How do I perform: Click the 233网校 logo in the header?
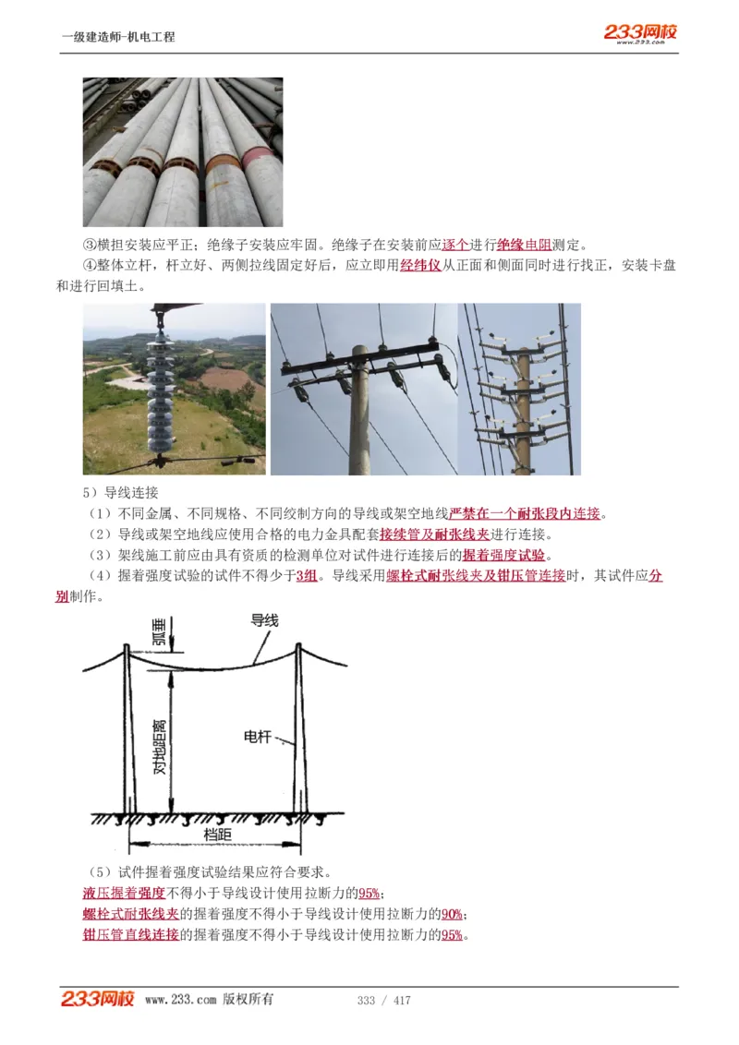click(x=640, y=33)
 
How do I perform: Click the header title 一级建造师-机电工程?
click(x=118, y=37)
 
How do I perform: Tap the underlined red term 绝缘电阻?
click(x=524, y=245)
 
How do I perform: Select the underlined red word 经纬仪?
click(x=420, y=266)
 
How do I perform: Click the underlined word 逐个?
click(x=456, y=245)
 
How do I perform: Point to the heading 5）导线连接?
click(x=120, y=493)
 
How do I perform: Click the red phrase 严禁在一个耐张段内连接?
click(x=525, y=513)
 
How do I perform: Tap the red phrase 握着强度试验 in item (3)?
click(x=504, y=555)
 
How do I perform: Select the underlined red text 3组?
click(x=306, y=576)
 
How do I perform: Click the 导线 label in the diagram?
click(x=264, y=621)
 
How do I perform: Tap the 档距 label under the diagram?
click(x=218, y=835)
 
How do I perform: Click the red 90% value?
click(x=452, y=914)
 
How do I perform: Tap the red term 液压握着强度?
click(x=124, y=893)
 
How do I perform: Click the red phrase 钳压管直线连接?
click(x=130, y=935)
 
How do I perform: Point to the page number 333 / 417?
click(x=383, y=1001)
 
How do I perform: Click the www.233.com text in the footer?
click(x=180, y=1000)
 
